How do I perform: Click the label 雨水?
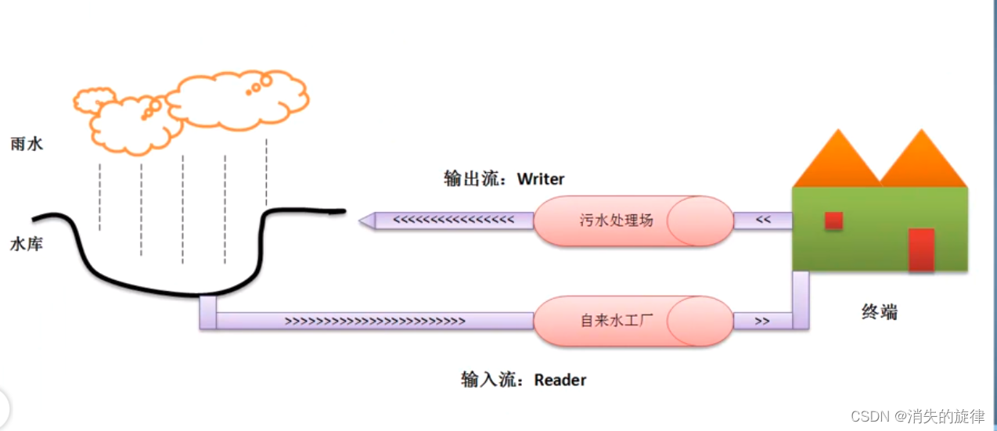27,144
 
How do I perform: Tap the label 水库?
27,244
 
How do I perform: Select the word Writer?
541,179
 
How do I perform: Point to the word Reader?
560,380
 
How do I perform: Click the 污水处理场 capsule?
617,221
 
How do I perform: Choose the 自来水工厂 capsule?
617,321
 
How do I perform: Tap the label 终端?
879,313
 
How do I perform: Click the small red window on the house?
833,221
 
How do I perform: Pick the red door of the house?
921,250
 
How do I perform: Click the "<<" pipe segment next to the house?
763,221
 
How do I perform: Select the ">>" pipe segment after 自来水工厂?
762,321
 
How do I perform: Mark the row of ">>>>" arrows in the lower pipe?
375,321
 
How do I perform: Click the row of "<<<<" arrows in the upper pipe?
453,221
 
